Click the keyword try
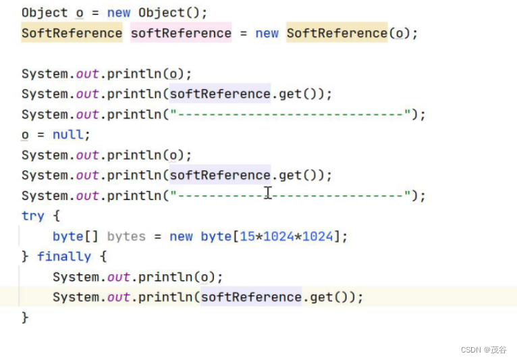(32, 216)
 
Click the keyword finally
(63, 257)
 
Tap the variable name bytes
(126, 236)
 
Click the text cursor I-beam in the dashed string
(268, 193)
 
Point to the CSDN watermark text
(483, 349)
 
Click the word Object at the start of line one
(45, 13)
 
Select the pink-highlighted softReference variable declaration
(180, 33)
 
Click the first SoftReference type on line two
(72, 33)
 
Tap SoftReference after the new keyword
(337, 33)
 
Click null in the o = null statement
(67, 134)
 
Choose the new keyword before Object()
(119, 13)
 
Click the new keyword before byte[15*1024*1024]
(181, 236)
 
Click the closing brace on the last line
(25, 317)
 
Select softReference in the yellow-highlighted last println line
(250, 297)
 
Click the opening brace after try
(56, 216)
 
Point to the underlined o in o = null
(25, 134)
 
